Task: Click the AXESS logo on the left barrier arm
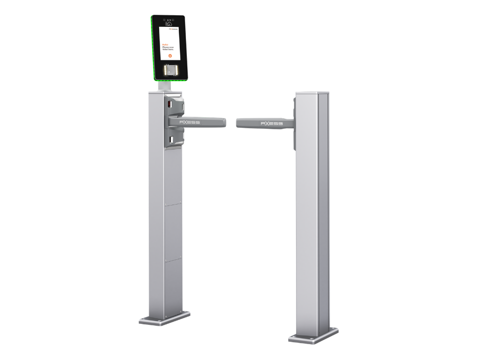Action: point(190,123)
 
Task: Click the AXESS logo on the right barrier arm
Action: point(272,123)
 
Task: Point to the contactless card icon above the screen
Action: point(169,22)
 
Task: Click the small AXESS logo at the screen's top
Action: point(175,29)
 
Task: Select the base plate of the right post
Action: point(313,336)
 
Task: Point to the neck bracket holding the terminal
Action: point(164,86)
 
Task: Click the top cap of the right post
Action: point(312,93)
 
